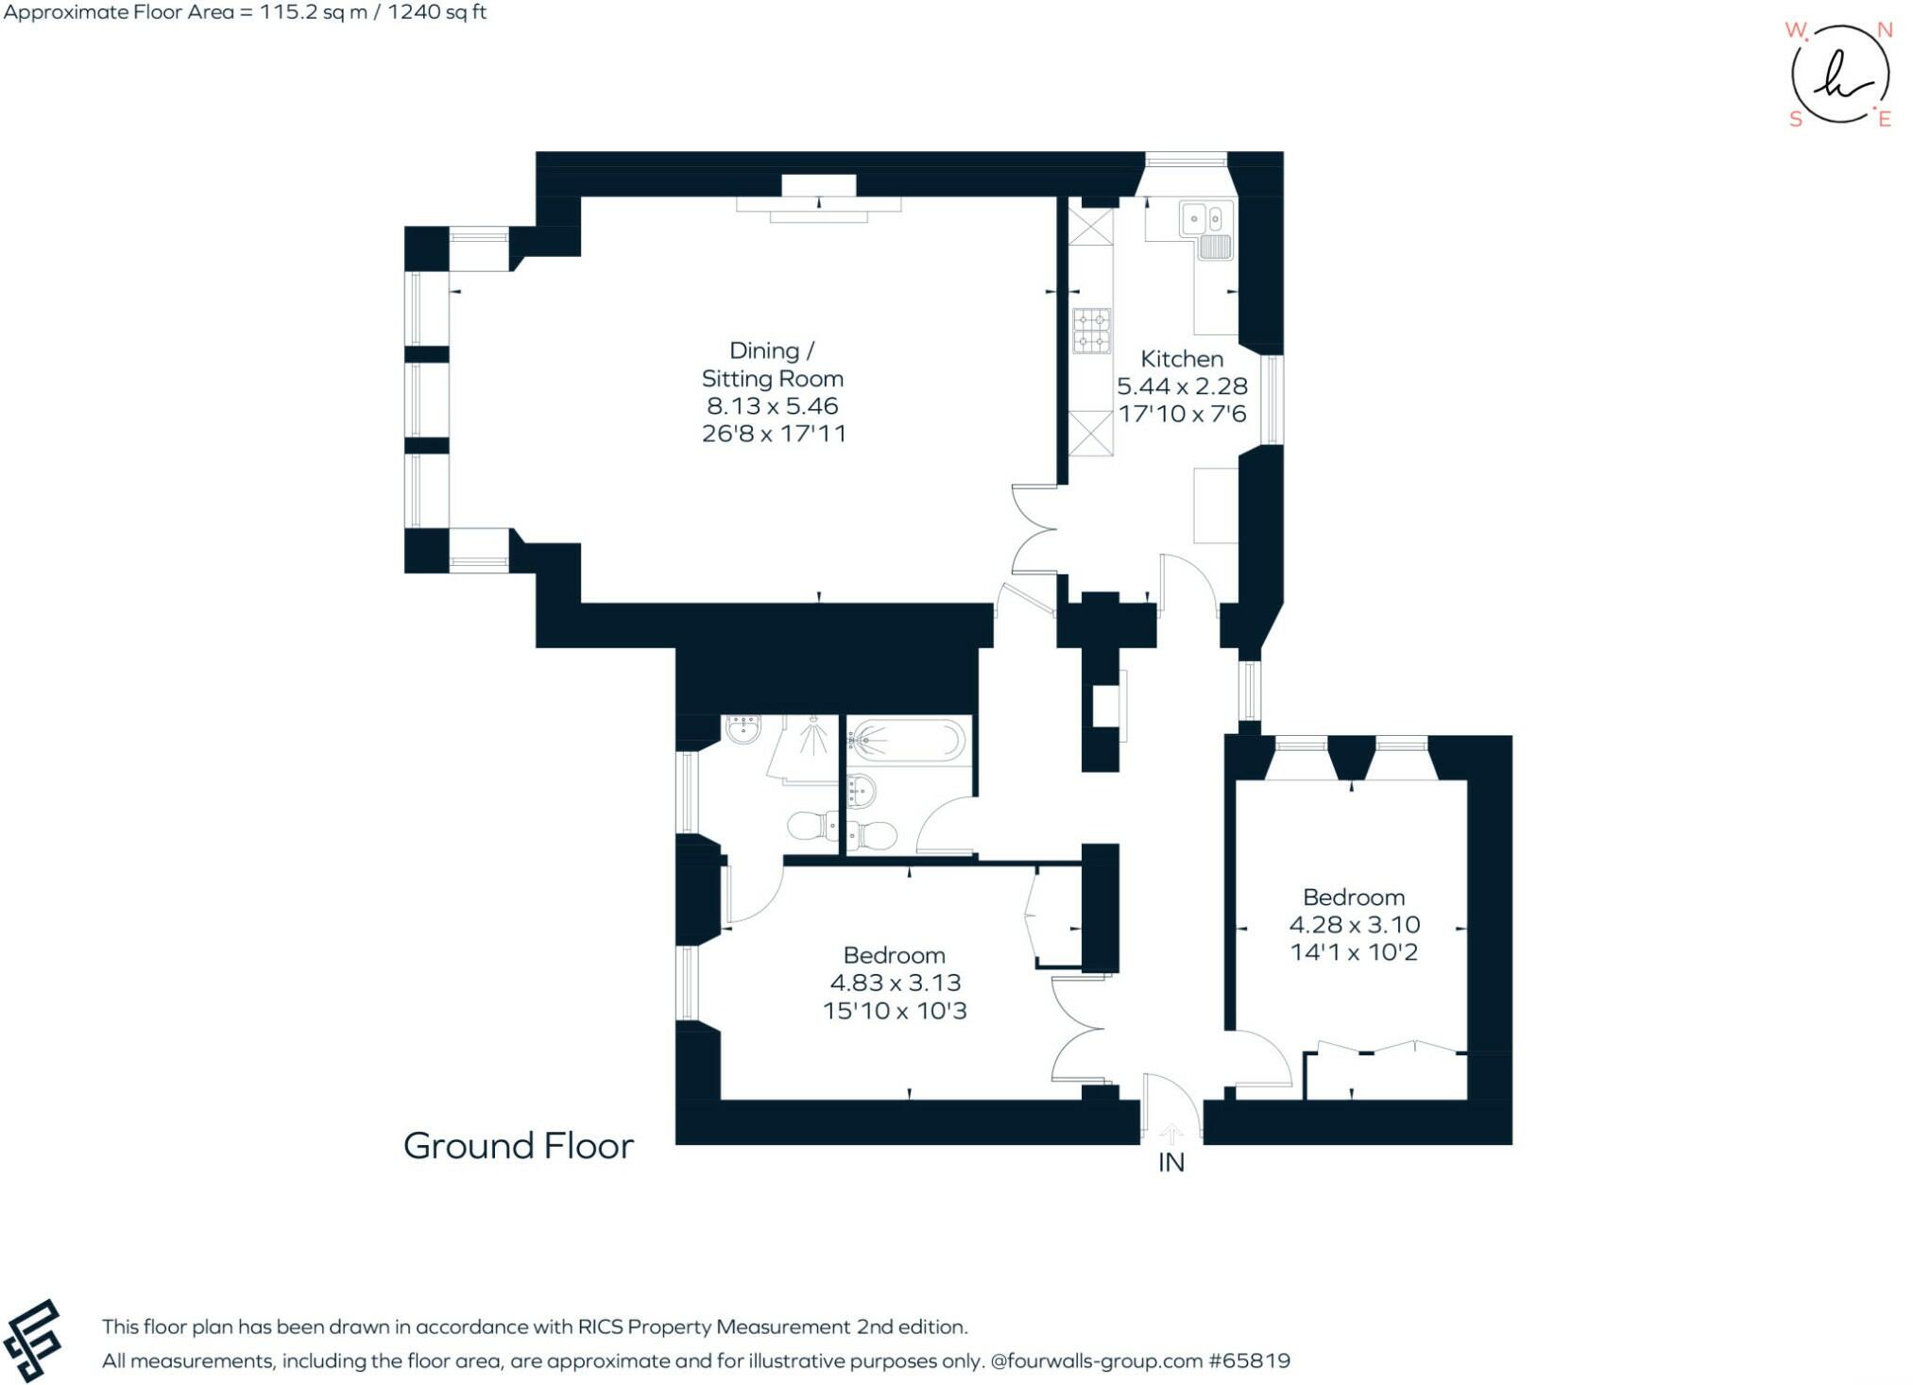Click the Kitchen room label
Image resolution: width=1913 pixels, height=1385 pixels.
tap(1181, 359)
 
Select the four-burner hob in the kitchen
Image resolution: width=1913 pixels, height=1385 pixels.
tap(1091, 331)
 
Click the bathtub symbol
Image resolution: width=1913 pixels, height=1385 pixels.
tap(906, 740)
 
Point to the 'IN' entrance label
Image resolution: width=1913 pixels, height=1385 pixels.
tap(1170, 1163)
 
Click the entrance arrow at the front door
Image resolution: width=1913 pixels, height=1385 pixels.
tap(1170, 1133)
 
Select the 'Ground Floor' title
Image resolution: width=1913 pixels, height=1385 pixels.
tap(518, 1146)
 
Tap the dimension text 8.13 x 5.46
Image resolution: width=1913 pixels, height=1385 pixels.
tap(772, 406)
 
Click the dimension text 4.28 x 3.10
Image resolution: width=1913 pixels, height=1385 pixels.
tap(1354, 925)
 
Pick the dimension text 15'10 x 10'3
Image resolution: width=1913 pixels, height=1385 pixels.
tap(894, 1011)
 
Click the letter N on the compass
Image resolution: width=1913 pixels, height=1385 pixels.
tap(1884, 30)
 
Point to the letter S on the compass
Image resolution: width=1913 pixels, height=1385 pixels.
tap(1795, 119)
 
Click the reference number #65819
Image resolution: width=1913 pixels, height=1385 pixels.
tap(1249, 1361)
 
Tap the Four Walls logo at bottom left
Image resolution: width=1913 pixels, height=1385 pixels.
tap(32, 1341)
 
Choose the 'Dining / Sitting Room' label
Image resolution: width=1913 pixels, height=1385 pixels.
tap(772, 365)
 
